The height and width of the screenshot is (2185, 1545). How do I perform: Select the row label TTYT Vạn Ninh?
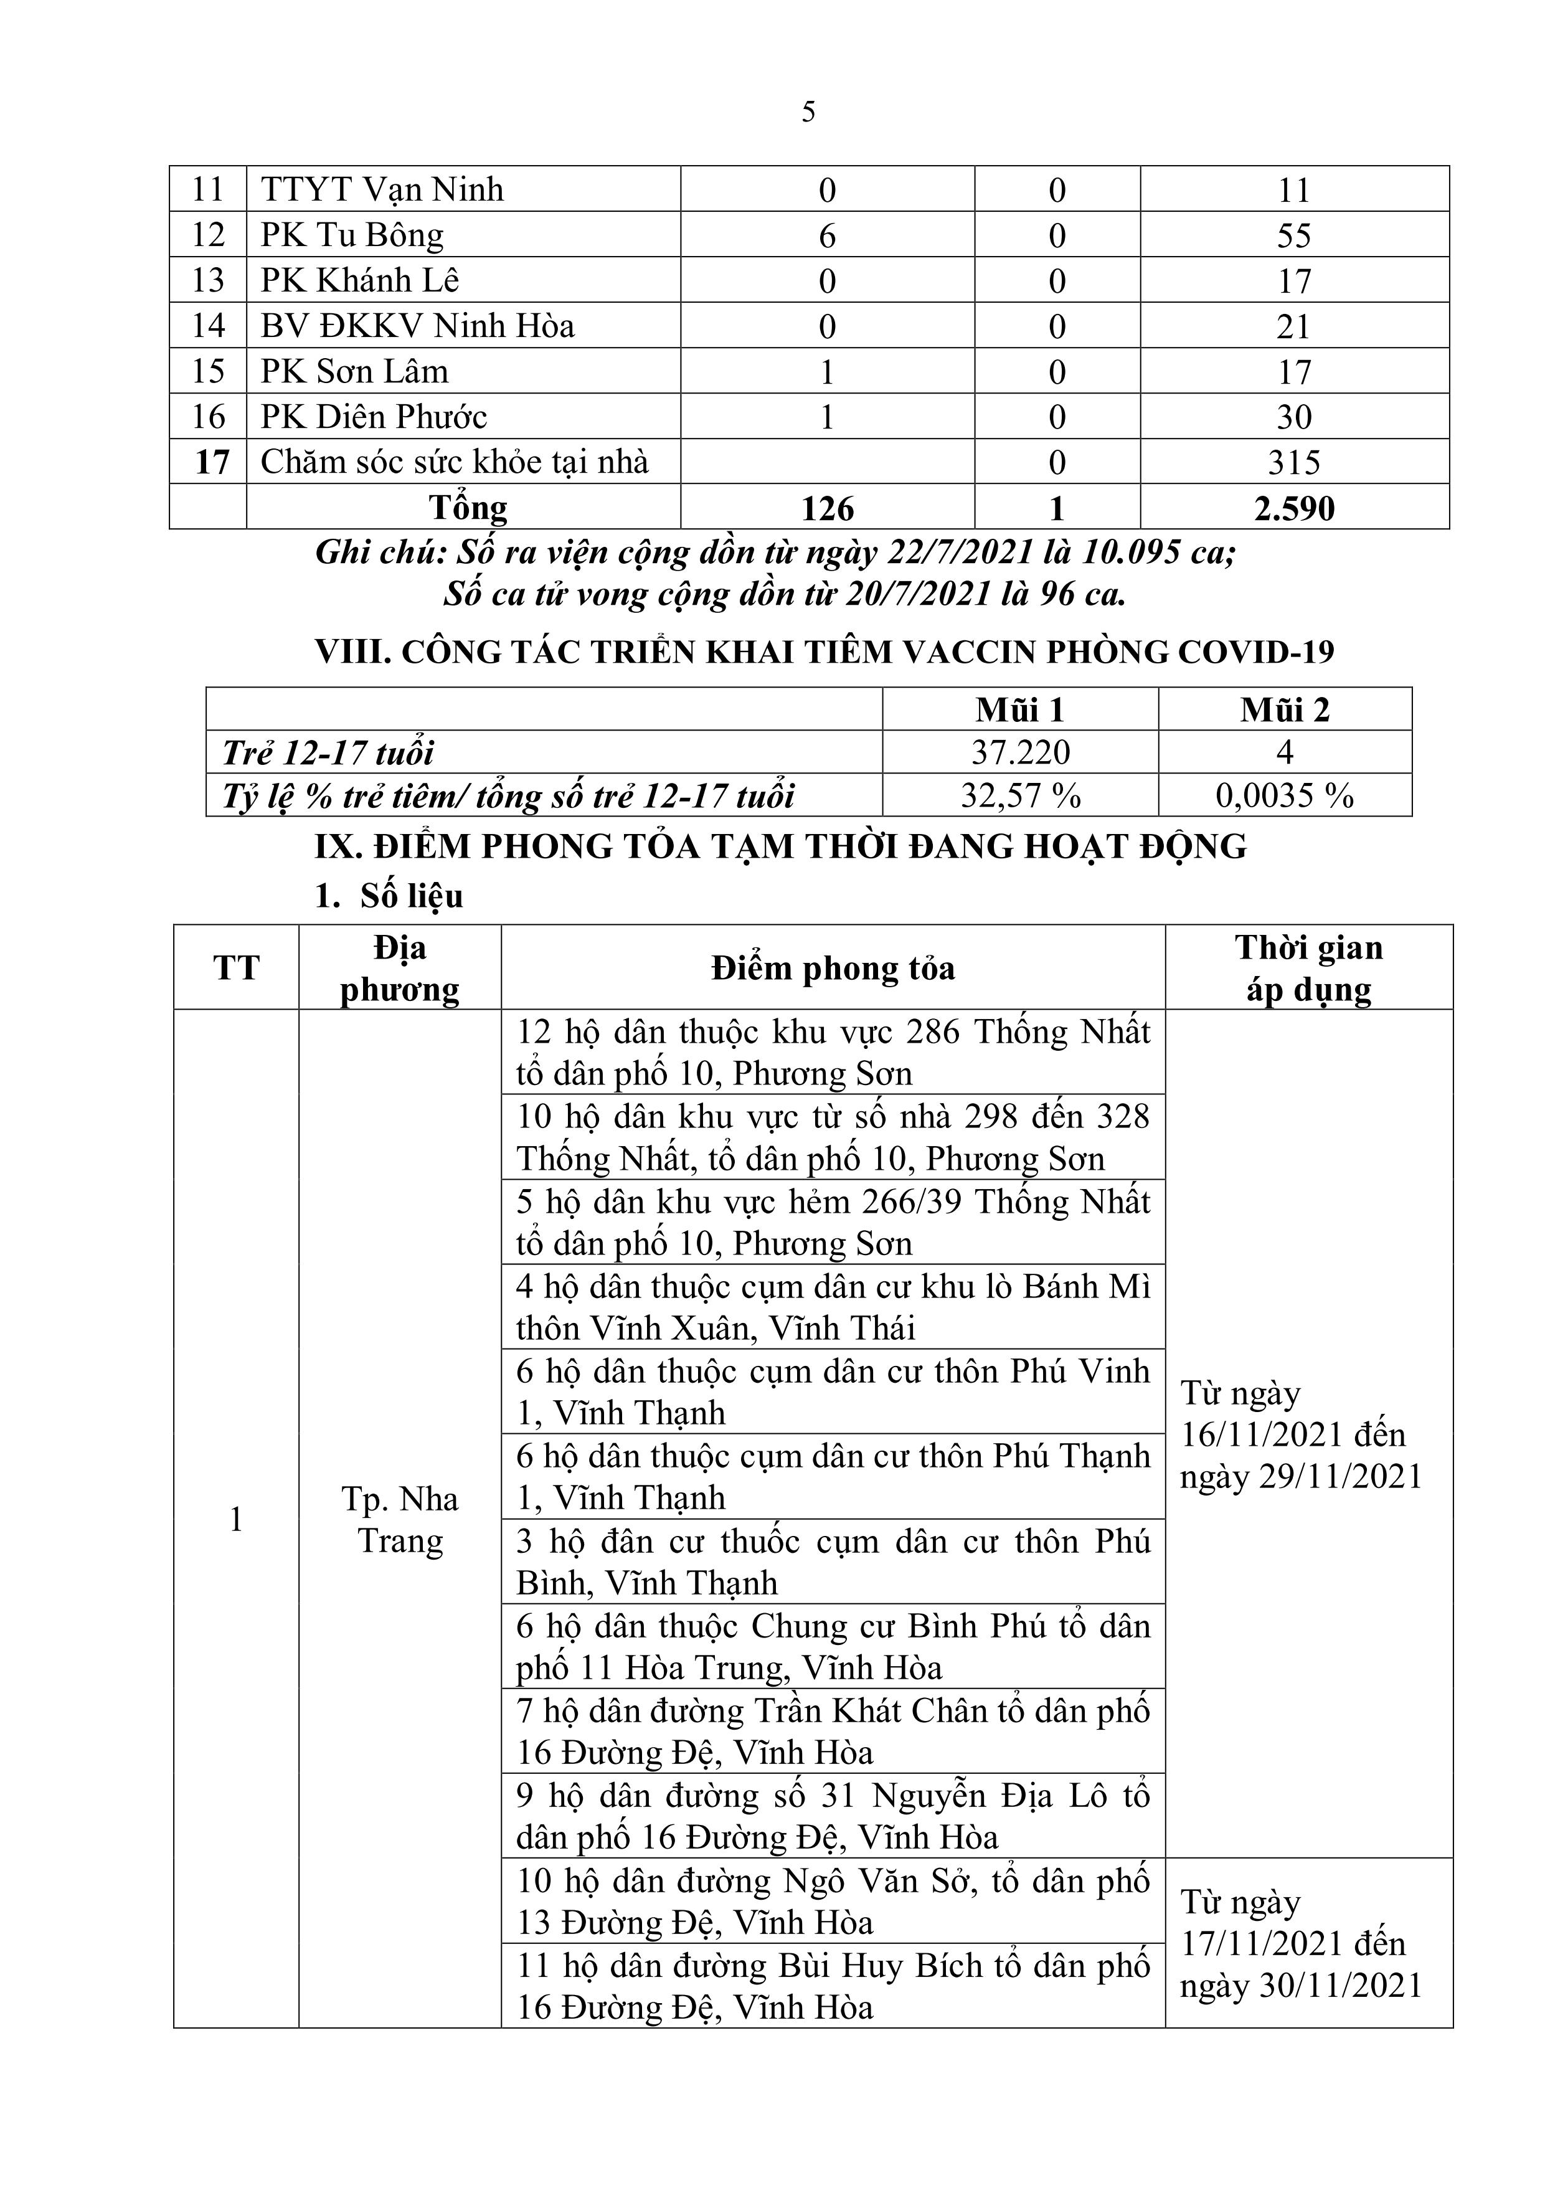click(382, 189)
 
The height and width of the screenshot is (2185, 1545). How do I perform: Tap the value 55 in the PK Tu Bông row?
click(1294, 235)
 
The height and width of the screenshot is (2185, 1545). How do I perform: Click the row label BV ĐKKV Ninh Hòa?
click(418, 326)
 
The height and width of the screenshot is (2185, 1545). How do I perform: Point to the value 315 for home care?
click(1294, 463)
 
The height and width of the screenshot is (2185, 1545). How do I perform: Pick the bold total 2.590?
click(1294, 508)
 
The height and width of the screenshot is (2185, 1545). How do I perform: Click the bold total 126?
click(827, 508)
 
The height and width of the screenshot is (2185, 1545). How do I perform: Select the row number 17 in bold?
click(211, 463)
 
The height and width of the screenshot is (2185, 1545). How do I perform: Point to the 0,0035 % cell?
click(1284, 795)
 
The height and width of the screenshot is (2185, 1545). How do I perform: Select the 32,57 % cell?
click(1020, 795)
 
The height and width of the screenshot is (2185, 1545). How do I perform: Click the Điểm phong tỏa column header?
click(833, 969)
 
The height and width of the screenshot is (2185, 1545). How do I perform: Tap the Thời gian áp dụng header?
click(1309, 969)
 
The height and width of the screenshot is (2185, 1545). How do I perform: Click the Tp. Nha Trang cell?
click(400, 1520)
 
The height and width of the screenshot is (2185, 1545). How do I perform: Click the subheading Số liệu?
click(411, 896)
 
